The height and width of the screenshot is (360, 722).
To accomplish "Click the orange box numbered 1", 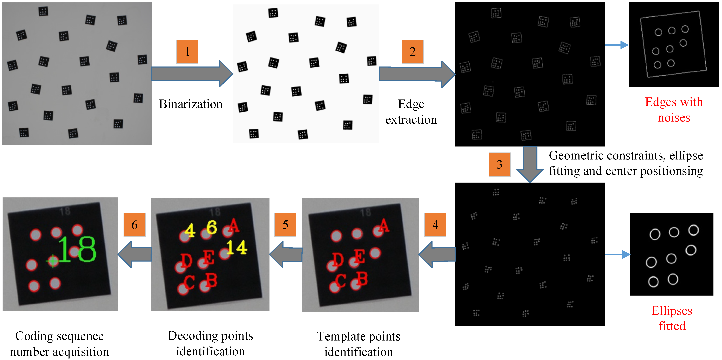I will [187, 52].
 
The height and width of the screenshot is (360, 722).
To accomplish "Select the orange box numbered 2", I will [412, 52].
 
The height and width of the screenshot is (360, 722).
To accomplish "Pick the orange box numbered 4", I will [435, 225].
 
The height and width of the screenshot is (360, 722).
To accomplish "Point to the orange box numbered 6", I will [134, 225].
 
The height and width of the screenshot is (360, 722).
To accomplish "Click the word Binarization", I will [191, 104].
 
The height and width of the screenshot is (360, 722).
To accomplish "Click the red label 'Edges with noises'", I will [674, 110].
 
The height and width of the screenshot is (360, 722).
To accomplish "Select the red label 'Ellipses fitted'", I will [672, 318].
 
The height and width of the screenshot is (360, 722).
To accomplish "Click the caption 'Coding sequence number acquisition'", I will [59, 344].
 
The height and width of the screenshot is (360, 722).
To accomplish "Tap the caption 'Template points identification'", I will [359, 344].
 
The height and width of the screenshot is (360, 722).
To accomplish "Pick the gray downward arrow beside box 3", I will [530, 164].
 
